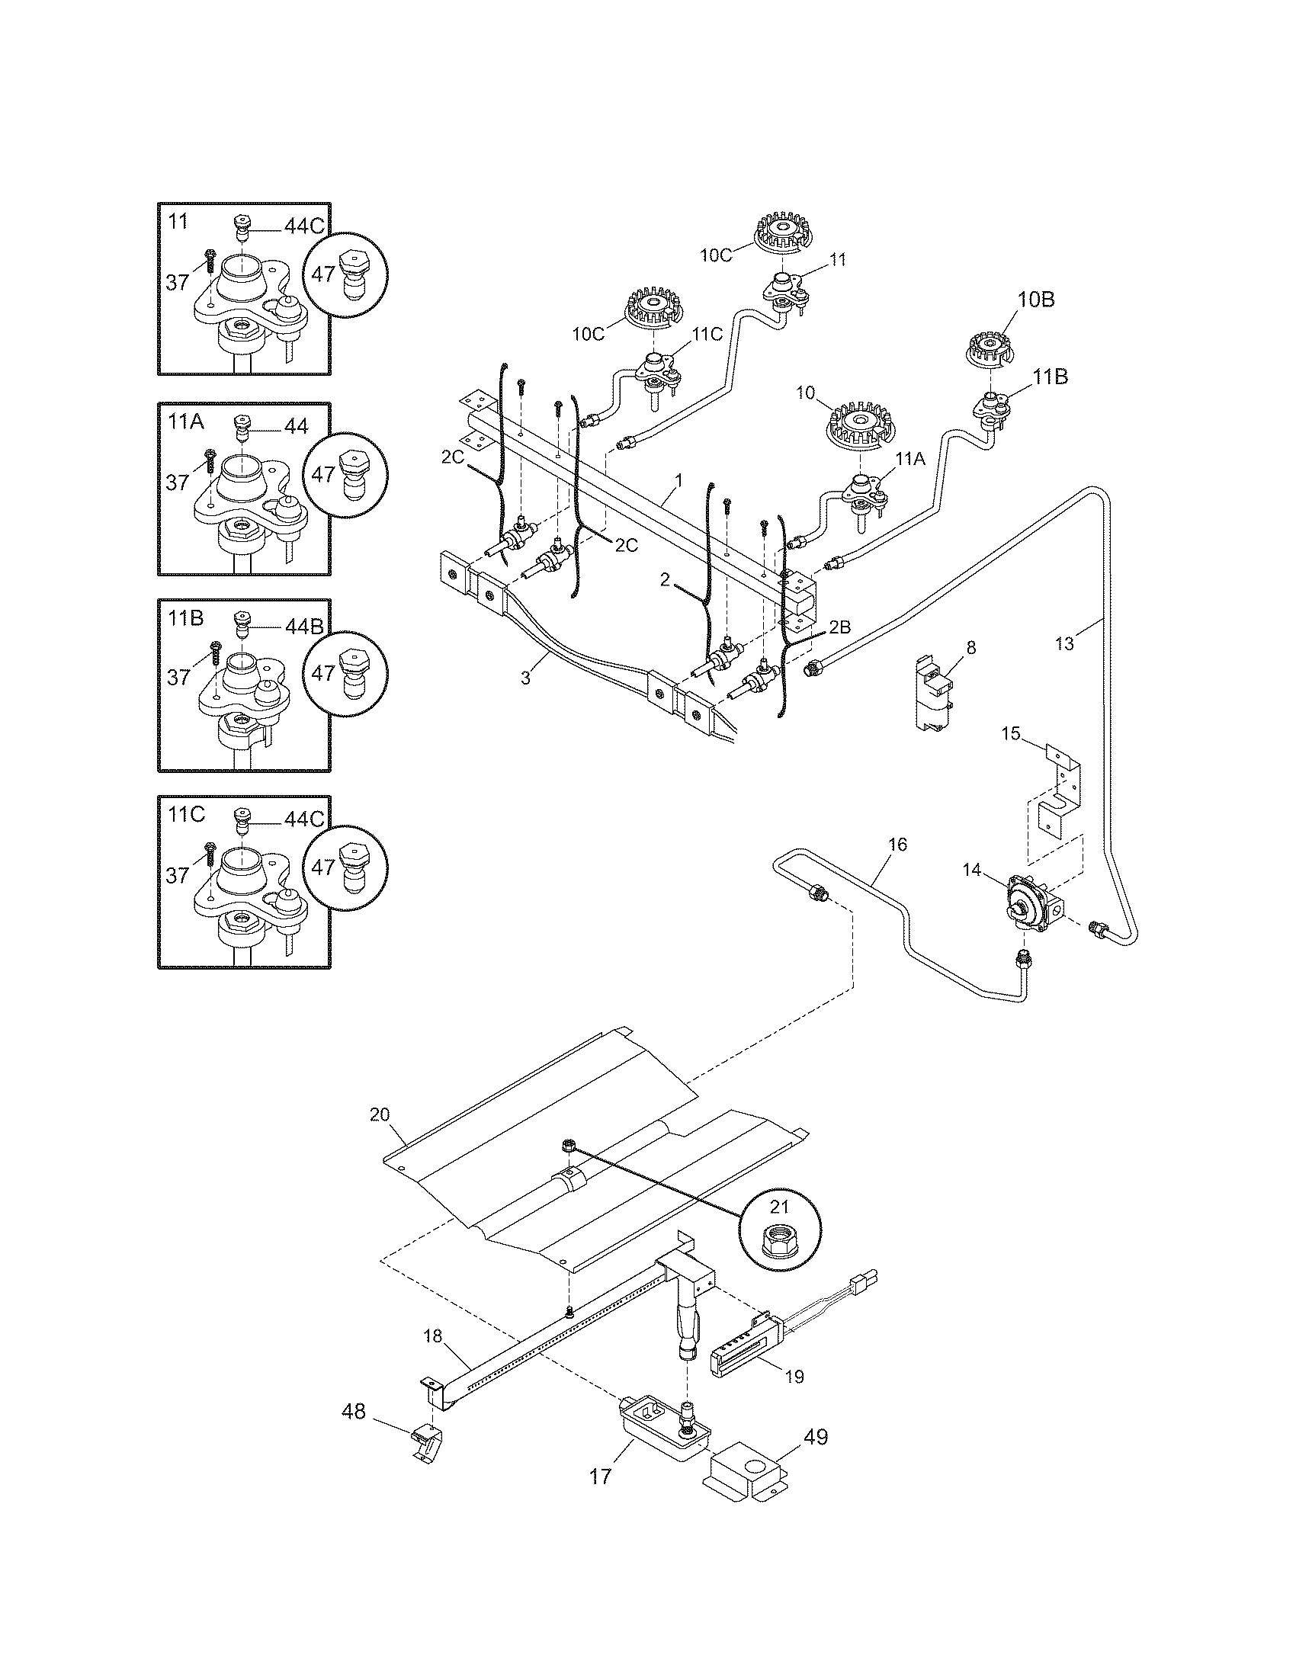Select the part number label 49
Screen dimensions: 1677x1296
click(816, 1437)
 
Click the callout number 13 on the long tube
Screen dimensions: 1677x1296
click(1065, 643)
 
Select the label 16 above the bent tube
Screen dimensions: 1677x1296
click(897, 845)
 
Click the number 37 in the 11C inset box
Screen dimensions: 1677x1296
click(178, 874)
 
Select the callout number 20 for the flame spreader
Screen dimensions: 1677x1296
click(380, 1114)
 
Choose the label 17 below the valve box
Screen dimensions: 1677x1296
click(601, 1476)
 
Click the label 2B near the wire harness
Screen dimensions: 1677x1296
click(840, 627)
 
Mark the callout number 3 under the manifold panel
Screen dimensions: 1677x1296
click(525, 678)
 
